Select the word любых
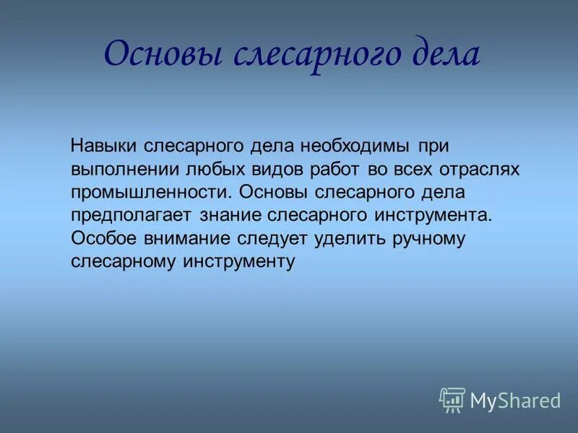pos(215,170)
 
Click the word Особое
pos(103,239)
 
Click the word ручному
pos(429,239)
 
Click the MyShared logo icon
pos(452,400)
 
